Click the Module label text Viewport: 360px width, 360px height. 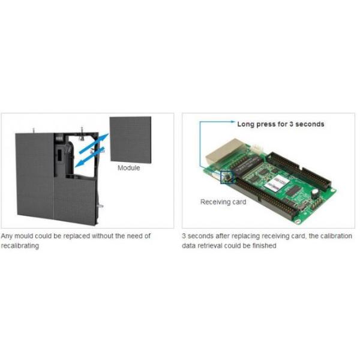coord(128,168)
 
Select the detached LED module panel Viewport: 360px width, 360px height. coord(130,140)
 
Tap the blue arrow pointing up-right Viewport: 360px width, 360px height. coord(94,143)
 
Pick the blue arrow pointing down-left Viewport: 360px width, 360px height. coord(89,157)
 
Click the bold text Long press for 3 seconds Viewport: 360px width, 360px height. coord(281,124)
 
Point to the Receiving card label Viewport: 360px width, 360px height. coord(223,202)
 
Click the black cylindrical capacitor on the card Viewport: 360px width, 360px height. coord(314,194)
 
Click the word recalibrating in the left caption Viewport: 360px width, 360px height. coord(20,246)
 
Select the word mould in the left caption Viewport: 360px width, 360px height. coord(24,236)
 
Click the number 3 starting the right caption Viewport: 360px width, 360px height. coord(184,236)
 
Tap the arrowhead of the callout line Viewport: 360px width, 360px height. coord(233,122)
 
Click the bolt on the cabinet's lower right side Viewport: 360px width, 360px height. coord(100,206)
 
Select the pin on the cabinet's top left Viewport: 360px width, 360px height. coord(34,130)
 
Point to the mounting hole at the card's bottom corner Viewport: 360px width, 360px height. coord(298,221)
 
